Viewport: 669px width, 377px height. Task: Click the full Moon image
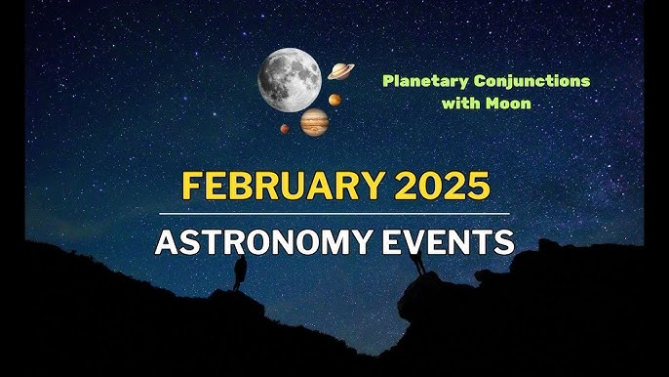click(x=290, y=80)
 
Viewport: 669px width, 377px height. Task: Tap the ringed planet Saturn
click(x=341, y=71)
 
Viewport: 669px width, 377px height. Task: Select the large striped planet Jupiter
click(x=315, y=122)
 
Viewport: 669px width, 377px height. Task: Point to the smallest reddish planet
click(x=285, y=128)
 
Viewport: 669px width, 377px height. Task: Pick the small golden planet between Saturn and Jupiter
click(x=334, y=100)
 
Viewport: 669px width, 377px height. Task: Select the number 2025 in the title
click(x=442, y=186)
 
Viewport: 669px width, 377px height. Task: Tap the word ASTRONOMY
click(x=263, y=242)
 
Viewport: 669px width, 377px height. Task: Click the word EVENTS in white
click(x=448, y=242)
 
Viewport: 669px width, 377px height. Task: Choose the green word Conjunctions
click(x=532, y=81)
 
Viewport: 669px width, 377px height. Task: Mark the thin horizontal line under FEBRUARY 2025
click(x=334, y=213)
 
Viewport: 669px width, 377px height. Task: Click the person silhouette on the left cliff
click(x=240, y=273)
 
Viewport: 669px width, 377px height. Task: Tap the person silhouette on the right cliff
click(x=417, y=262)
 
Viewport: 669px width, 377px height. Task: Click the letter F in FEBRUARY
click(x=192, y=186)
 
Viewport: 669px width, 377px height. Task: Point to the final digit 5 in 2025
click(x=478, y=187)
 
